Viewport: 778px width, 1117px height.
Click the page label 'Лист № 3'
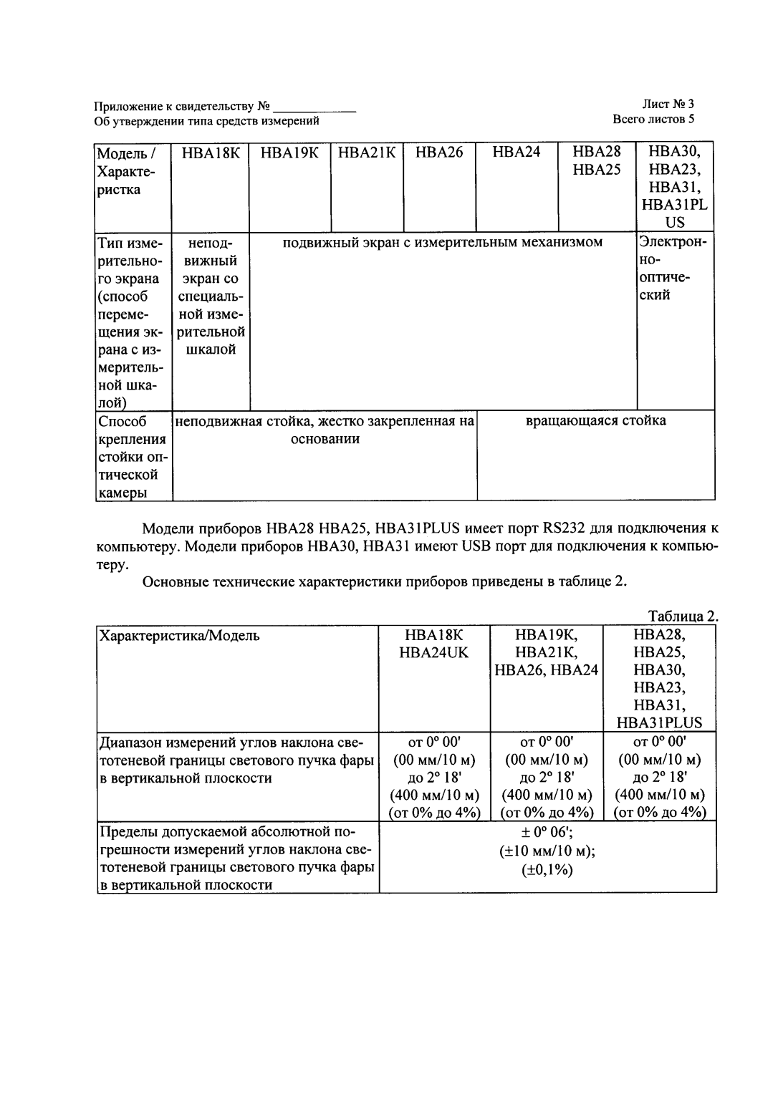tap(668, 104)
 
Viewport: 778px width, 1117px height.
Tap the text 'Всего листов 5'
tap(653, 119)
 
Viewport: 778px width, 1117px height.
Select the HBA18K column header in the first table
tap(211, 153)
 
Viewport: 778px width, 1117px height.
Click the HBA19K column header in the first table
tap(289, 153)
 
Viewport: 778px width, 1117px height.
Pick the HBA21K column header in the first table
tap(367, 153)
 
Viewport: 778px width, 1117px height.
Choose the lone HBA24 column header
tap(517, 153)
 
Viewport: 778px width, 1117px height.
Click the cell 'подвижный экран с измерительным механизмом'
tap(442, 242)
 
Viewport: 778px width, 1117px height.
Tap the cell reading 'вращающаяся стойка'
tap(595, 420)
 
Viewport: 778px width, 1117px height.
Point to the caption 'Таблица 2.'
tap(682, 616)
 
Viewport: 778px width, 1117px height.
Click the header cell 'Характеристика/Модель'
tap(179, 636)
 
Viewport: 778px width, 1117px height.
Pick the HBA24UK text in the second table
tap(434, 652)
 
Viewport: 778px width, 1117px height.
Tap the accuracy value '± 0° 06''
tap(547, 832)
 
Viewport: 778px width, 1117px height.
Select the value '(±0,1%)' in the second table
tap(547, 869)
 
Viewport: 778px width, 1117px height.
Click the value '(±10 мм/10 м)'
tap(547, 851)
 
